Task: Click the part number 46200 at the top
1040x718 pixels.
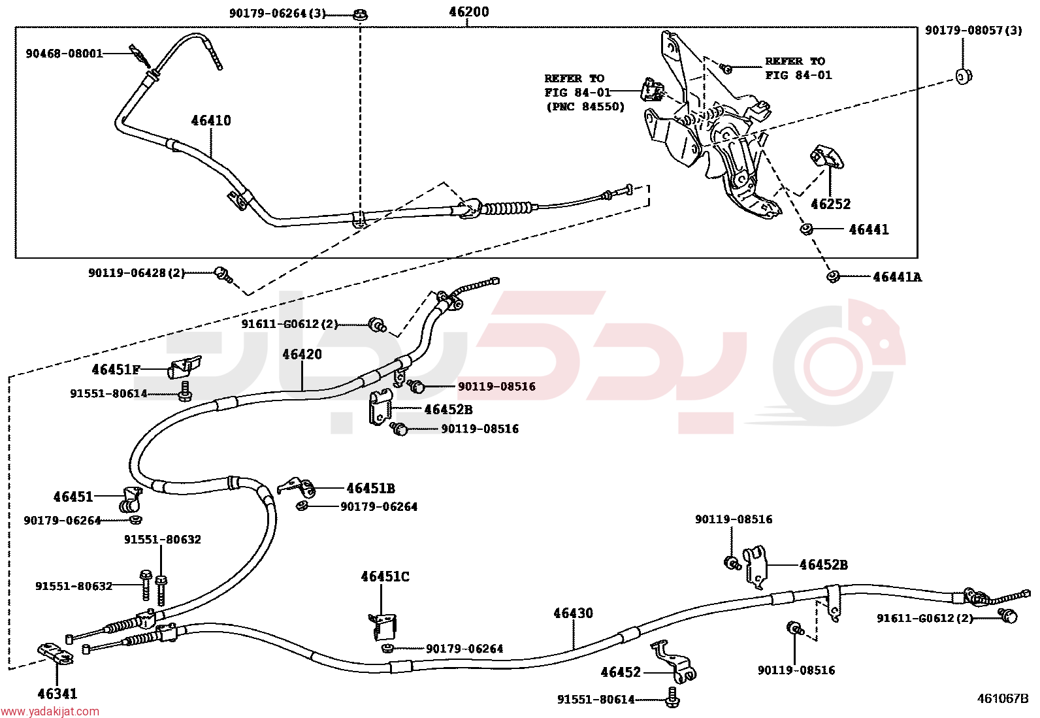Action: pos(468,12)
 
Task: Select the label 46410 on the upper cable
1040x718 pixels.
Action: pos(211,121)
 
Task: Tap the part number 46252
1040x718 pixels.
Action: pos(830,204)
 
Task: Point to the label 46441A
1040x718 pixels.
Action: pos(897,277)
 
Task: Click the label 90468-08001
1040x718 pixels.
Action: pos(64,54)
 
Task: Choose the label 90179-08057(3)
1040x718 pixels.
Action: pos(973,31)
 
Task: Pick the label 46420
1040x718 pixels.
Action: pos(302,354)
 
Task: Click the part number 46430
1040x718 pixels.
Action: pos(573,613)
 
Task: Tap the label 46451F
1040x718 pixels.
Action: pos(116,370)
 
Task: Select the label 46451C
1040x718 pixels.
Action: pos(385,576)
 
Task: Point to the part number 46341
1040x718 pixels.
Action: pos(57,694)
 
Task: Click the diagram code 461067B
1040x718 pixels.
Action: pos(1002,698)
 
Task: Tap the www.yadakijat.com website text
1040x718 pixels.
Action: pos(50,711)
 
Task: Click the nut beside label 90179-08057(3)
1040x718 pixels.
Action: pos(964,76)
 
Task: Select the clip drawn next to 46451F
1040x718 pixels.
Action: pos(184,367)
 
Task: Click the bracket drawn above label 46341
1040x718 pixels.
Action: pos(55,654)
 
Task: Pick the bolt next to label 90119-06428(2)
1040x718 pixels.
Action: pos(223,274)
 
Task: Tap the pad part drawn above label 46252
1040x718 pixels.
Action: pos(827,157)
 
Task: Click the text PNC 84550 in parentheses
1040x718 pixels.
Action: pos(585,106)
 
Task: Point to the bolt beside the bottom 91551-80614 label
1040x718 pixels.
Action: pos(672,698)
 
